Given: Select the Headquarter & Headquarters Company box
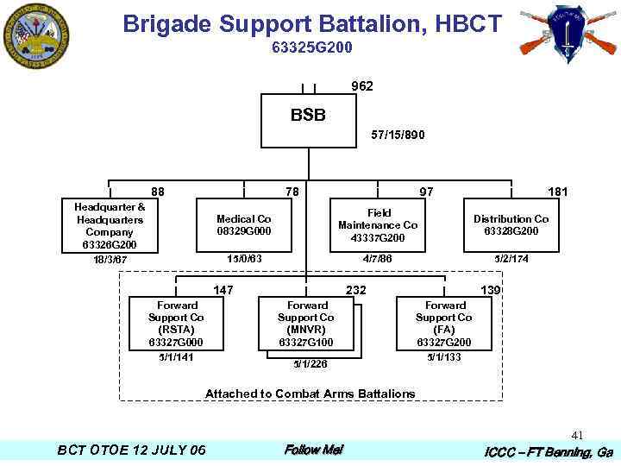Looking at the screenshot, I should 110,226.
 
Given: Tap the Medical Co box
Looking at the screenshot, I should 243,225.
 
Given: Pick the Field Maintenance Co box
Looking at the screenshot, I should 378,225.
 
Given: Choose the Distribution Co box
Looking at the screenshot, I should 511,225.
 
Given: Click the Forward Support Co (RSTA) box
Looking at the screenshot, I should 176,324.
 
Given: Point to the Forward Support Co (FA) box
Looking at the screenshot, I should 445,324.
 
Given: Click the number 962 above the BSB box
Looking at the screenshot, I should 362,86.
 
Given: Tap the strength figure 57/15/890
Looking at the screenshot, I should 397,135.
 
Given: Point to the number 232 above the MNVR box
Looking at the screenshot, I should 355,290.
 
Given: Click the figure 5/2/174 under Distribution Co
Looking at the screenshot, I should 511,258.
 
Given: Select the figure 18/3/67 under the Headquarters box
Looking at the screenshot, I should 110,260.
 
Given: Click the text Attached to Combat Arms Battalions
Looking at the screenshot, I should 310,394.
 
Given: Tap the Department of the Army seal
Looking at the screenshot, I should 36,36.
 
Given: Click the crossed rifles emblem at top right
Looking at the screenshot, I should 567,33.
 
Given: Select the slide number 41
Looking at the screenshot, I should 577,436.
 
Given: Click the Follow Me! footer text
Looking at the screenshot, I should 313,450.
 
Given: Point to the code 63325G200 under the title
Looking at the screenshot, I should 311,47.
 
